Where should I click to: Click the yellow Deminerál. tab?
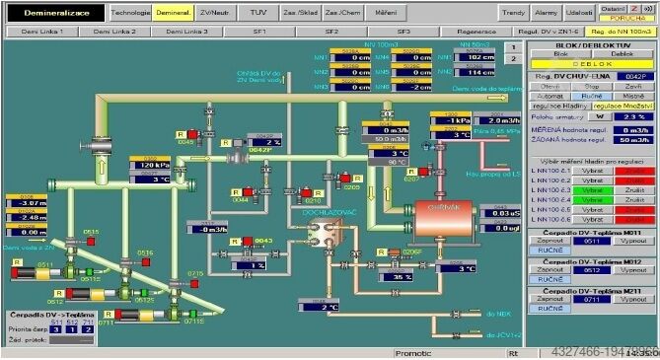coord(172,13)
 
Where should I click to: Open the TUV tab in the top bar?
coord(257,13)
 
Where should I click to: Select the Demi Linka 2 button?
coord(114,32)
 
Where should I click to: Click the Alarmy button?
coord(545,13)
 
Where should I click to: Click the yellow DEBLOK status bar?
coord(593,62)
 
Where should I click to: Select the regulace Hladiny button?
coord(560,104)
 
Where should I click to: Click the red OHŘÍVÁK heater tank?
coord(435,208)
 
